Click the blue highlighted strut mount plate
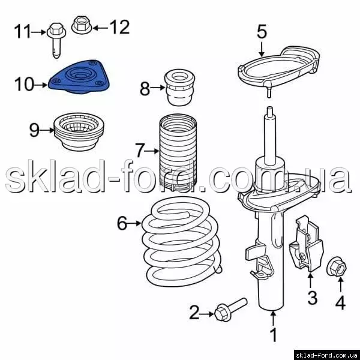[x=79, y=77]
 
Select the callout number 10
[x=24, y=84]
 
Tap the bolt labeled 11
[x=56, y=40]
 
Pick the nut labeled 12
[x=82, y=25]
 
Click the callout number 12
[x=119, y=27]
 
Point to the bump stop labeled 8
[x=180, y=88]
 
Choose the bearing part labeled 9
[x=79, y=132]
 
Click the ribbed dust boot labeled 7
[x=178, y=152]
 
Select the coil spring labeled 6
[x=181, y=241]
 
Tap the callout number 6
[x=122, y=223]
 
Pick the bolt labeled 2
[x=230, y=310]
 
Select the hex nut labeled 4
[x=337, y=267]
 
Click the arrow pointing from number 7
[x=152, y=151]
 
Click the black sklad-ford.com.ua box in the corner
[x=327, y=355]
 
